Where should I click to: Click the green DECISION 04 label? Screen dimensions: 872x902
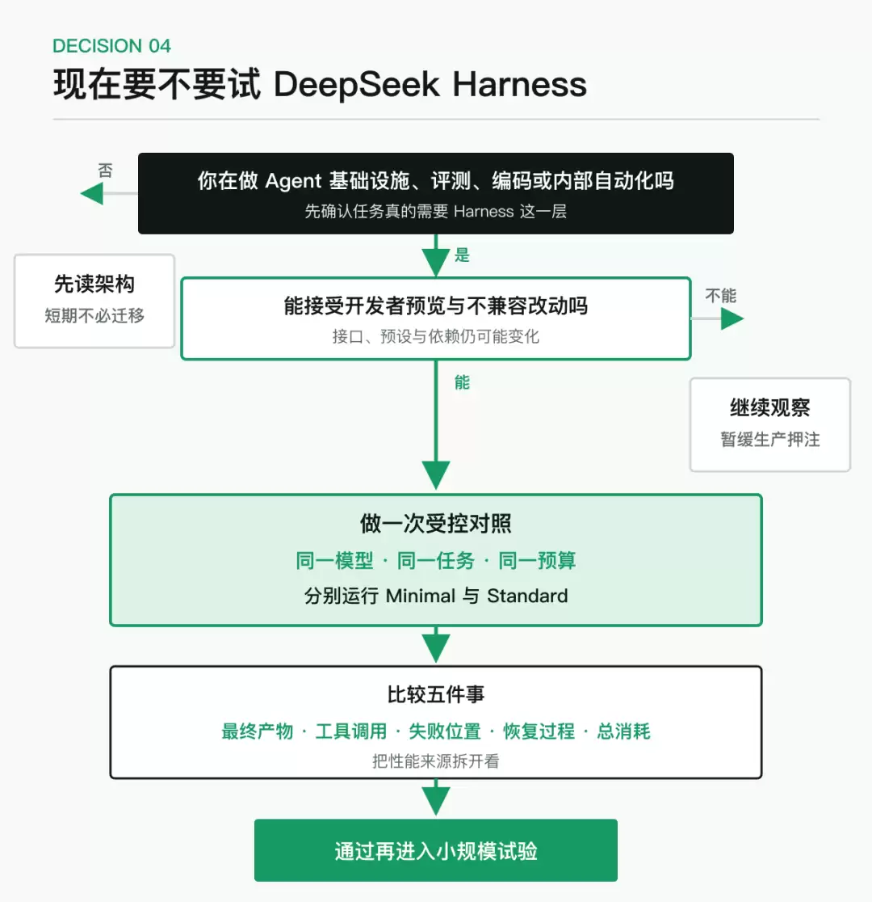[x=111, y=46]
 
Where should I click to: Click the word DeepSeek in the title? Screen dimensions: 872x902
[x=356, y=85]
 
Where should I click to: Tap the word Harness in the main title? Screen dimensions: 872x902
[x=520, y=84]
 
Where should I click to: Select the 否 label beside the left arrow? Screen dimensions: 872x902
[x=105, y=171]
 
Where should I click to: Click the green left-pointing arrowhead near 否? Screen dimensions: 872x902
[x=92, y=193]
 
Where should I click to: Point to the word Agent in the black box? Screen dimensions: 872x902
[x=293, y=181]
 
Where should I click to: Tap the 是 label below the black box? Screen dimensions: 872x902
[x=462, y=255]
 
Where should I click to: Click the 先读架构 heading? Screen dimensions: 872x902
[x=94, y=285]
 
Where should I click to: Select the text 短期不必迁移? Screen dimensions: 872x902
[x=94, y=316]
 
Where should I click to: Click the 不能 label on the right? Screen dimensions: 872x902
[x=721, y=296]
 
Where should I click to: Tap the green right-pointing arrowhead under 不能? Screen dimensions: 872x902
[x=732, y=318]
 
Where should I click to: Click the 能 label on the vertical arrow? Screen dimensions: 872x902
[x=462, y=382]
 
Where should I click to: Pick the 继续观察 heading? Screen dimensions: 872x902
[x=770, y=408]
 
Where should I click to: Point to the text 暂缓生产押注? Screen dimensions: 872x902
[x=770, y=440]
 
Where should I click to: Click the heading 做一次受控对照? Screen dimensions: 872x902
[x=436, y=524]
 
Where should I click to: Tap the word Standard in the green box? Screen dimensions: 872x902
[x=527, y=596]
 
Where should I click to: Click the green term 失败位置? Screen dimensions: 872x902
[x=445, y=731]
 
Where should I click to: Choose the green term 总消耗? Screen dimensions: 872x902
[x=623, y=731]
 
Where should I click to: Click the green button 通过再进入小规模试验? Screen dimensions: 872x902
[x=436, y=850]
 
